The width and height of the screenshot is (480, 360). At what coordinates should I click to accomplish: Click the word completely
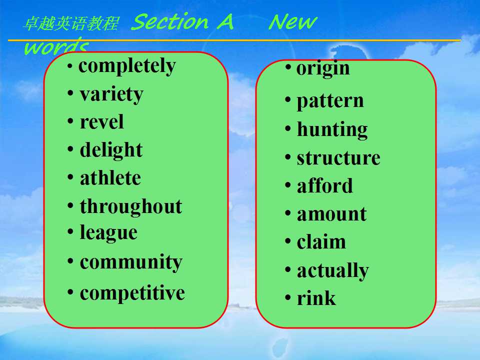pyautogui.click(x=127, y=66)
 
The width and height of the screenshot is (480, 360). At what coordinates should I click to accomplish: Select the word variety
pyautogui.click(x=111, y=94)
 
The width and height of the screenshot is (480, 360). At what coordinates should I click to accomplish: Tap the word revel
pyautogui.click(x=102, y=122)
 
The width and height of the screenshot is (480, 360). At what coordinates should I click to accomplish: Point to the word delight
pyautogui.click(x=111, y=150)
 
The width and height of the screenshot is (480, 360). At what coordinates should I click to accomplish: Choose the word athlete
pyautogui.click(x=110, y=178)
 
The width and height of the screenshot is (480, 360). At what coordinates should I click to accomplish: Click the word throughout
pyautogui.click(x=131, y=206)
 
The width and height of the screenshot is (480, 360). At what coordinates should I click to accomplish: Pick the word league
pyautogui.click(x=108, y=233)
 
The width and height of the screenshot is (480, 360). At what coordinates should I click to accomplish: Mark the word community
pyautogui.click(x=131, y=262)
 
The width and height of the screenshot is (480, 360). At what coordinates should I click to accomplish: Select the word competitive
pyautogui.click(x=132, y=293)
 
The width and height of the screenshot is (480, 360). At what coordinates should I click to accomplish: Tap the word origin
pyautogui.click(x=323, y=68)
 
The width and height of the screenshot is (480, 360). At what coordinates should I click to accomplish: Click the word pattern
pyautogui.click(x=330, y=101)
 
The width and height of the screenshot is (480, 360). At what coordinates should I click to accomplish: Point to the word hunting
pyautogui.click(x=332, y=130)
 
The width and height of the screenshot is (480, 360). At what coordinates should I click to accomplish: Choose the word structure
pyautogui.click(x=338, y=158)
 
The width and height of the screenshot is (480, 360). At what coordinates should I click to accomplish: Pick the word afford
pyautogui.click(x=325, y=185)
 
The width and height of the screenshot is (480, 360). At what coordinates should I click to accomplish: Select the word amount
pyautogui.click(x=332, y=214)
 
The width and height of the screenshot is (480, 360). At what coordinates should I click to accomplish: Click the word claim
pyautogui.click(x=321, y=242)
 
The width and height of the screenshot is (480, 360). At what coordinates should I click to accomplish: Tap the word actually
pyautogui.click(x=333, y=271)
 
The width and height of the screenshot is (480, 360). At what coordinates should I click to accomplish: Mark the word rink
pyautogui.click(x=316, y=298)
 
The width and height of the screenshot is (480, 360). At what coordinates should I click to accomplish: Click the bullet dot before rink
pyautogui.click(x=288, y=297)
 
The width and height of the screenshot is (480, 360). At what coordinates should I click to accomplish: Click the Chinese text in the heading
pyautogui.click(x=71, y=23)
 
